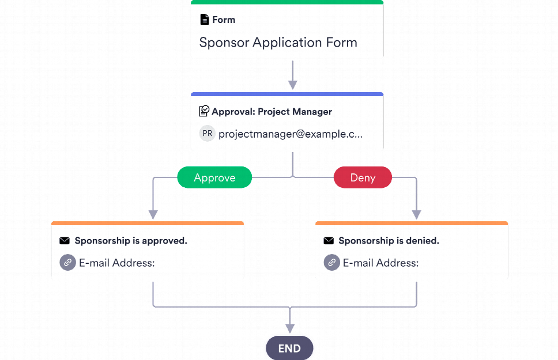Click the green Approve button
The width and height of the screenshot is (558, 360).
click(214, 177)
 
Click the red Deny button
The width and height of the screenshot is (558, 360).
click(363, 177)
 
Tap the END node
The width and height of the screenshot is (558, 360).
click(289, 348)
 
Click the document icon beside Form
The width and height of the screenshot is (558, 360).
click(204, 20)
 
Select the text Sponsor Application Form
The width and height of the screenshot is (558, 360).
click(278, 42)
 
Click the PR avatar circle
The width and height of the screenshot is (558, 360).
click(207, 134)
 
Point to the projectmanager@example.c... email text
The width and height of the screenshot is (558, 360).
click(291, 134)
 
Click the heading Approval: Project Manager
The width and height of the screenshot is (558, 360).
click(272, 112)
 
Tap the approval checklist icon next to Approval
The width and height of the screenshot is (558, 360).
click(204, 111)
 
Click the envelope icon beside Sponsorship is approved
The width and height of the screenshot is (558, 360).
click(65, 241)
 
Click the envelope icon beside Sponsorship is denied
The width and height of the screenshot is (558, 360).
click(329, 241)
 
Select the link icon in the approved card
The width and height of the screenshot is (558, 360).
click(67, 263)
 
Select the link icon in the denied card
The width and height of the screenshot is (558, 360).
click(331, 263)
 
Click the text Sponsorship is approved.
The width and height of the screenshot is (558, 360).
click(131, 241)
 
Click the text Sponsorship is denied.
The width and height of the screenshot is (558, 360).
click(389, 241)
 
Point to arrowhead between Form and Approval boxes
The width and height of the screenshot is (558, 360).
click(293, 85)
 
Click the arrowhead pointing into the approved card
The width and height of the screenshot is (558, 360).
click(153, 214)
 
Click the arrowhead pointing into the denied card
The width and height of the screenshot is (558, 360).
click(416, 214)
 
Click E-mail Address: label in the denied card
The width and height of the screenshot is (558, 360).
click(380, 263)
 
